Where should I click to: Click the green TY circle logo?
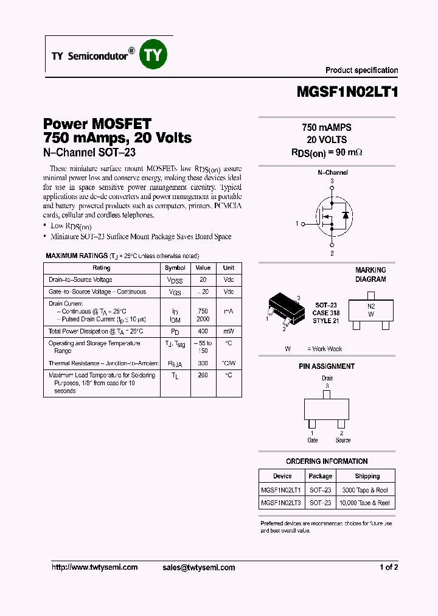(153, 55)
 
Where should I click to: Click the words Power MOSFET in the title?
(97, 124)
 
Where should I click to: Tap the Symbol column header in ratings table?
(175, 268)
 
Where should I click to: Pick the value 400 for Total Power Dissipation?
(203, 331)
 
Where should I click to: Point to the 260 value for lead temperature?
(203, 376)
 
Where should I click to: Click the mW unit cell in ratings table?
(228, 331)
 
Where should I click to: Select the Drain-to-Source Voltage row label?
(80, 280)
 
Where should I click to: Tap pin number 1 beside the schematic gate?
(297, 224)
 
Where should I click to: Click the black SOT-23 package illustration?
(285, 307)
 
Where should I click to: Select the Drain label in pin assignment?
(327, 378)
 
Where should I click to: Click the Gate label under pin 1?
(312, 440)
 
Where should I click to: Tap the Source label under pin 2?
(342, 440)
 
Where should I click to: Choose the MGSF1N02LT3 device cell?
(281, 503)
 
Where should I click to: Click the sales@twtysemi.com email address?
(199, 567)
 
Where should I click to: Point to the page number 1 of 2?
(388, 567)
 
